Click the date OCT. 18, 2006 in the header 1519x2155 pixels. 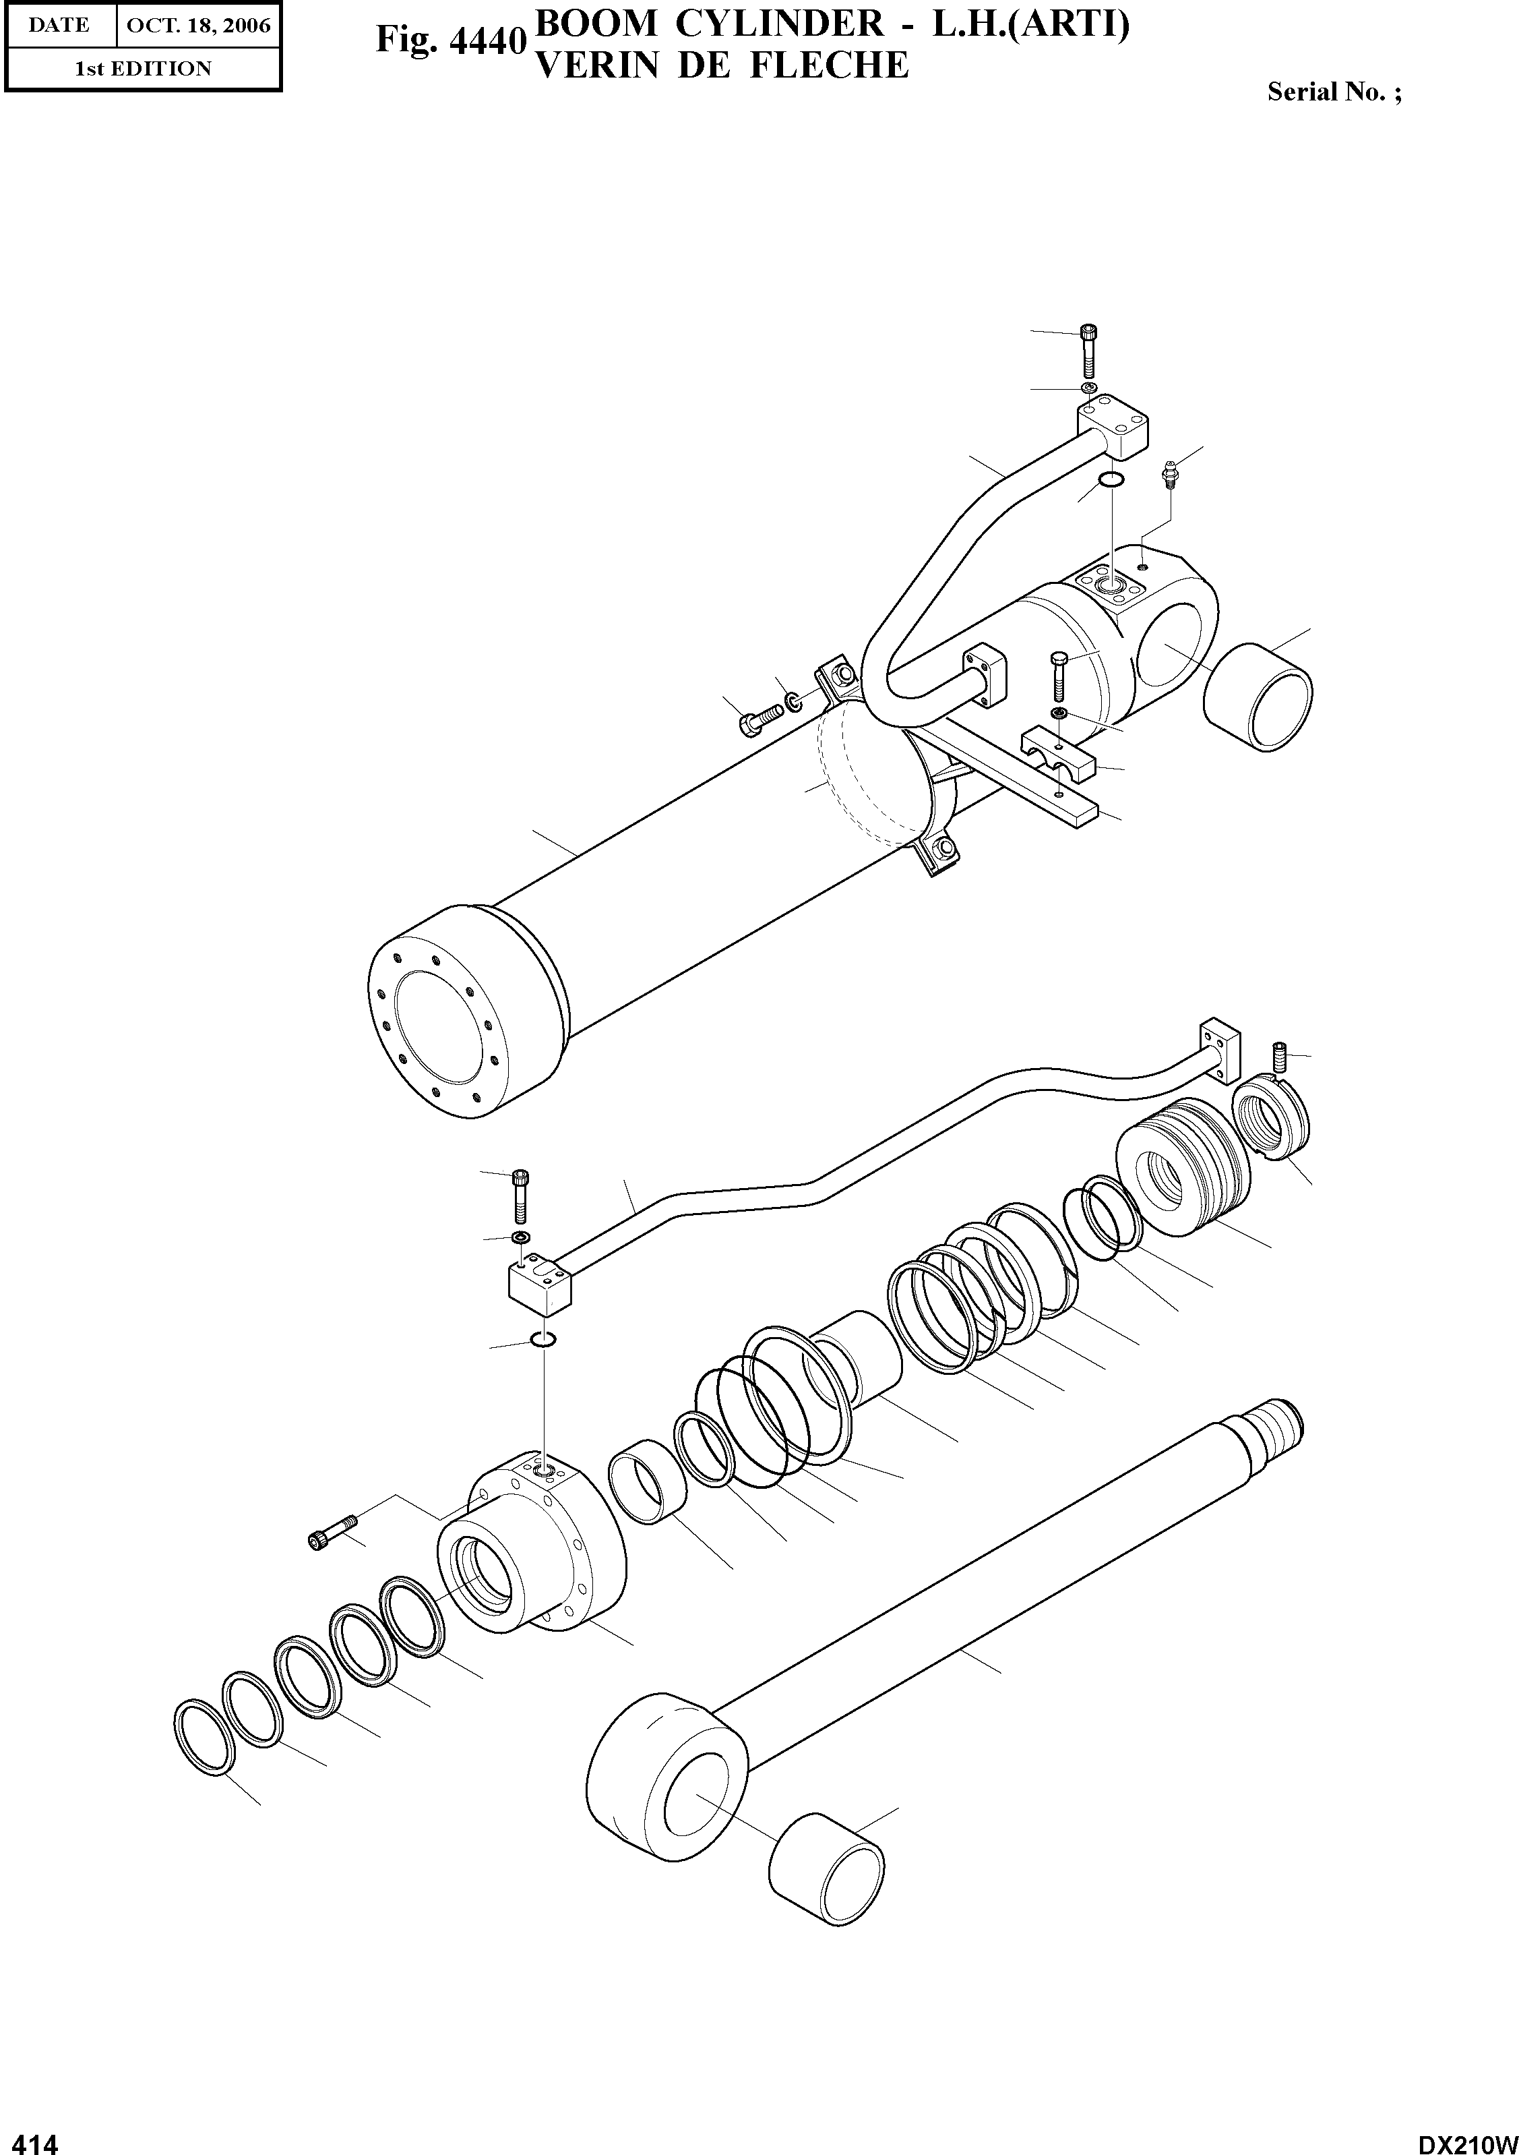pos(198,26)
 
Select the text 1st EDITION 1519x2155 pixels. pos(143,69)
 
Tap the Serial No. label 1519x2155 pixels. pos(1333,92)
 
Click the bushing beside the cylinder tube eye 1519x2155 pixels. pos(1258,695)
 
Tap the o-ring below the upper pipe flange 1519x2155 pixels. pos(1110,481)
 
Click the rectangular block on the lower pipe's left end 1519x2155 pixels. pos(540,1282)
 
